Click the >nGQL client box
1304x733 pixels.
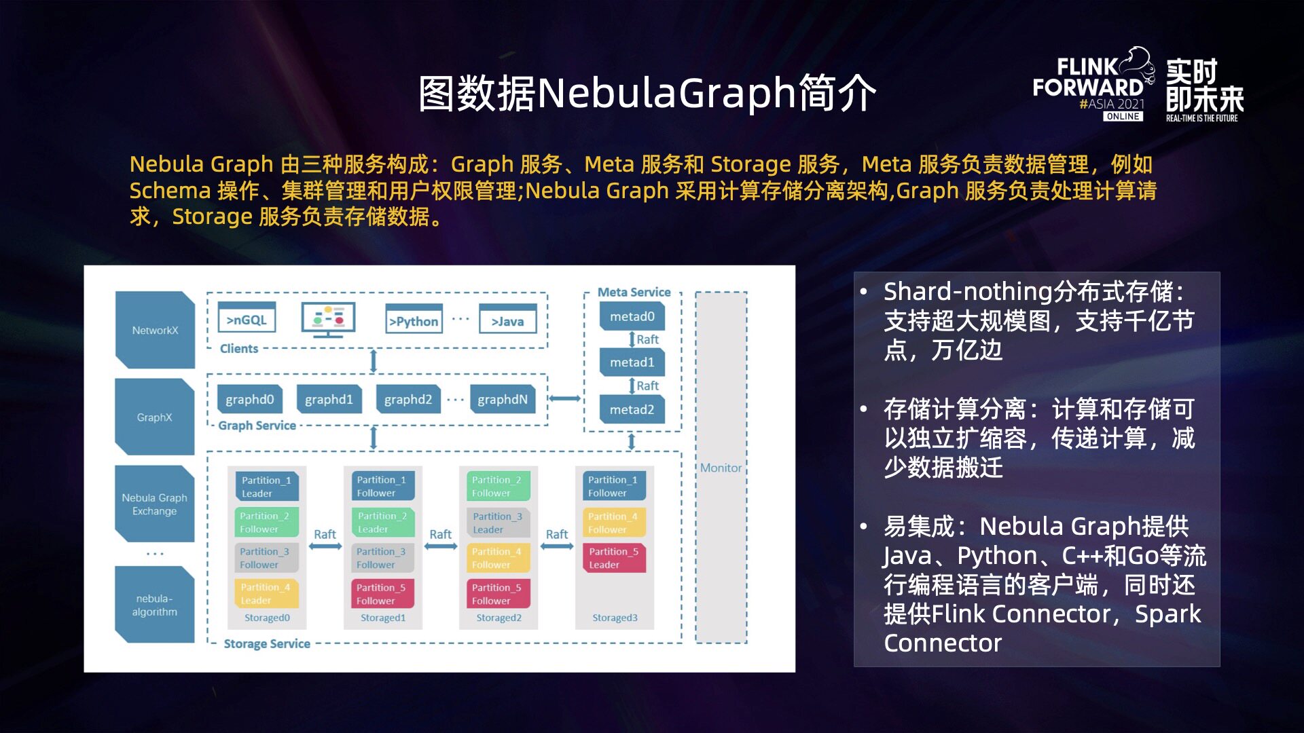click(x=247, y=320)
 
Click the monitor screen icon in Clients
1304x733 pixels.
click(x=328, y=319)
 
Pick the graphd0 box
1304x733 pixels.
click(x=249, y=399)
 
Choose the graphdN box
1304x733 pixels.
click(x=502, y=399)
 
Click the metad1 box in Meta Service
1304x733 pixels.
click(x=632, y=362)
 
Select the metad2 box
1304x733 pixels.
click(x=632, y=409)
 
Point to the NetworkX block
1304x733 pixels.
click(x=155, y=331)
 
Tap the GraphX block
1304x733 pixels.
click(x=154, y=417)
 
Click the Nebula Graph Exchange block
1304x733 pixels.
click(x=154, y=504)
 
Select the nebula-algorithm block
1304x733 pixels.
click(x=154, y=605)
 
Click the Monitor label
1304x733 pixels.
click(x=721, y=468)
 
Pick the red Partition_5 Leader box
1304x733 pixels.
click(x=613, y=558)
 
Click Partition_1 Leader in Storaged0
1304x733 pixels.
click(x=266, y=486)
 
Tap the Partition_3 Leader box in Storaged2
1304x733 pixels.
click(x=498, y=523)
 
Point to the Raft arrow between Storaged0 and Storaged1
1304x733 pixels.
click(x=325, y=546)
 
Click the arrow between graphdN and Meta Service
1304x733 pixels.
click(x=564, y=398)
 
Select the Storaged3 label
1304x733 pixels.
click(x=615, y=618)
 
